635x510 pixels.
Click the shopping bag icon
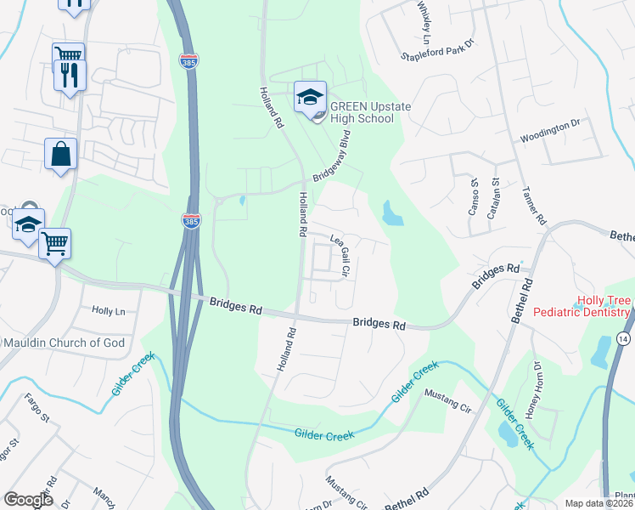click(x=61, y=154)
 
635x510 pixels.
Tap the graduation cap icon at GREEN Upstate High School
click(x=310, y=97)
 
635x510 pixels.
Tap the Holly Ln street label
click(x=108, y=311)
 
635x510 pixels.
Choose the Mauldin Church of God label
click(x=65, y=343)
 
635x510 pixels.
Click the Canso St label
click(x=475, y=196)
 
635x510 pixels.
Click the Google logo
click(x=29, y=500)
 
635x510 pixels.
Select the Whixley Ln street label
click(x=424, y=21)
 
